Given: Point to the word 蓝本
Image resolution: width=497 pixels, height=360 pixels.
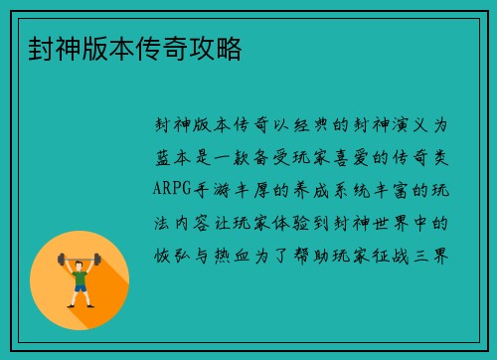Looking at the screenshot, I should (x=175, y=158).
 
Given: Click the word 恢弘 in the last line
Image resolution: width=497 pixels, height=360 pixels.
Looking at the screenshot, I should (x=175, y=254).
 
